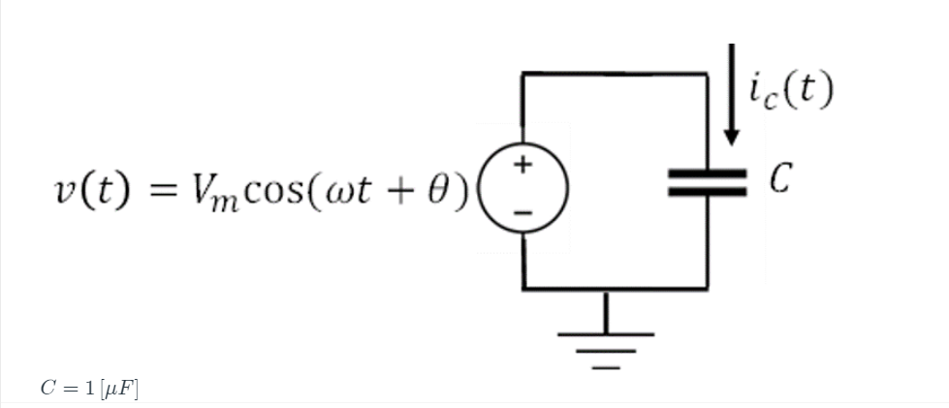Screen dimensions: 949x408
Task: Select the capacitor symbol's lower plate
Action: (x=707, y=192)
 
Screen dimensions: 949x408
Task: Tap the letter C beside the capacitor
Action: (x=782, y=179)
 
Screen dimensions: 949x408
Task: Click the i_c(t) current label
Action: (x=790, y=92)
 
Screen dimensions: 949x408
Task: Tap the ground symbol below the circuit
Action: (x=606, y=339)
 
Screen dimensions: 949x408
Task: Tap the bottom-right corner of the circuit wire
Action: (x=707, y=288)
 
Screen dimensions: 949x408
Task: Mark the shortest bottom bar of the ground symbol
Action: (x=606, y=367)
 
